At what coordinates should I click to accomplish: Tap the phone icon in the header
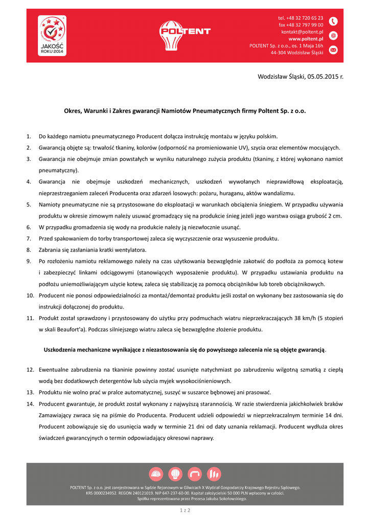tap(333, 21)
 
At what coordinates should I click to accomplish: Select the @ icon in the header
tap(333, 36)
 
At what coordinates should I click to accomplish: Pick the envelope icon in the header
tap(333, 50)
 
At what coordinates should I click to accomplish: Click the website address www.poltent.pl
tap(306, 38)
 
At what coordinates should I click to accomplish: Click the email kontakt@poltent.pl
tap(302, 31)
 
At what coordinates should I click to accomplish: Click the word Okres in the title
tap(74, 110)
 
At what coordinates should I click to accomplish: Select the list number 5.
tap(29, 204)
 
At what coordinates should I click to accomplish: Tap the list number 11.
tap(30, 318)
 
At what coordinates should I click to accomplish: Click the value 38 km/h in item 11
tap(298, 318)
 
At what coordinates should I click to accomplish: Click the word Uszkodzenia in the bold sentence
tap(62, 349)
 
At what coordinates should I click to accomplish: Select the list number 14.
tap(30, 404)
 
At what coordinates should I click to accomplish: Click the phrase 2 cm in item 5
tap(334, 216)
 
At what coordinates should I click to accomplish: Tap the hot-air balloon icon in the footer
tap(175, 474)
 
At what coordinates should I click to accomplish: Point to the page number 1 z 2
tap(184, 510)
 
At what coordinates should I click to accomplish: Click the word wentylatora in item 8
tap(129, 250)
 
